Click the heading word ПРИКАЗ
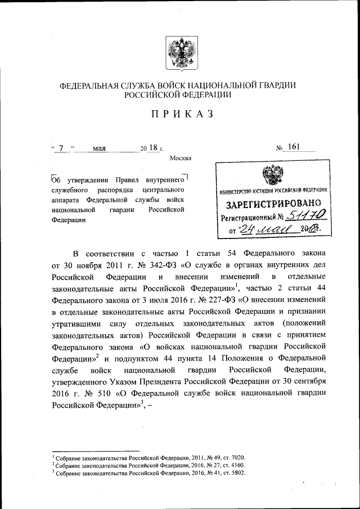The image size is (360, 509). pos(180,114)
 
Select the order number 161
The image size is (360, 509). pos(294,147)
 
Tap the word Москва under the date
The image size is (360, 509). pos(181,158)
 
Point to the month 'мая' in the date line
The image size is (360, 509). pos(100,148)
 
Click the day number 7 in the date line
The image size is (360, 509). pos(61,148)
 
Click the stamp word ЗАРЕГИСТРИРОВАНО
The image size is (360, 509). pos(274,203)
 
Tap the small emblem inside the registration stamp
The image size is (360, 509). pos(274,175)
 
